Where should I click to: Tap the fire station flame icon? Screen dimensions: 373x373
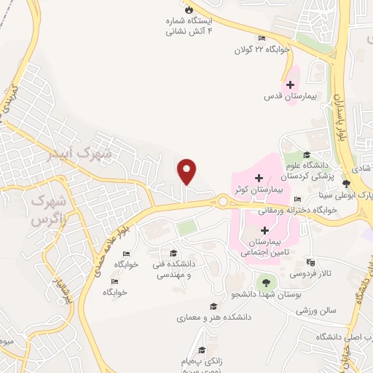[x=189, y=10]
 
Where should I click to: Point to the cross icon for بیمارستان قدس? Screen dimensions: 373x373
[x=290, y=85]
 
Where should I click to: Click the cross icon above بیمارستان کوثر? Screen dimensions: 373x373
[x=259, y=177]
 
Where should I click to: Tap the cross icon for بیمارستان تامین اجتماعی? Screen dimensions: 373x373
[x=264, y=230]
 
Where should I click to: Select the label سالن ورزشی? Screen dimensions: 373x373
[x=315, y=310]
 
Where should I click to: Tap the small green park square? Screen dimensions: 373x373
[x=187, y=227]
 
